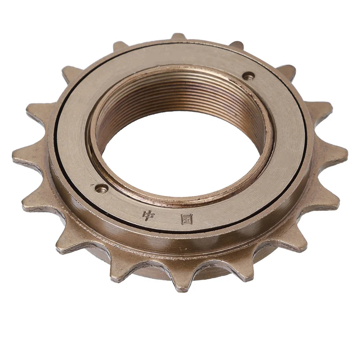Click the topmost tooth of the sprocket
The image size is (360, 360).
[178, 37]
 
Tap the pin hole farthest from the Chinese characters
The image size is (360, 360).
[249, 76]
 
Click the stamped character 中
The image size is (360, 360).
[149, 215]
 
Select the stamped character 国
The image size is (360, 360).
[187, 220]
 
